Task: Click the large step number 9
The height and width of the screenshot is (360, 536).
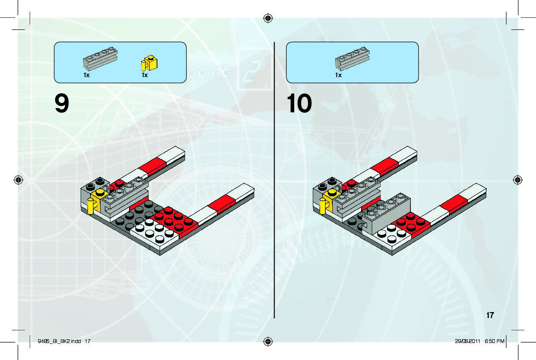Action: point(62,104)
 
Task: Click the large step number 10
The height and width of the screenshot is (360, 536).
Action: point(300,104)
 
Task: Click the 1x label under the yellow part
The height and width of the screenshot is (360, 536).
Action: point(145,75)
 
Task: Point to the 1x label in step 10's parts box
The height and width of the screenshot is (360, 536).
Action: point(338,75)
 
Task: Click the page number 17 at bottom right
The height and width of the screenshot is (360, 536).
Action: point(490,315)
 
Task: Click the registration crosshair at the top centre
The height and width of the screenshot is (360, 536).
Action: point(267,18)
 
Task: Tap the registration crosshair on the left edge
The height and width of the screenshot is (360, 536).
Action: point(18,180)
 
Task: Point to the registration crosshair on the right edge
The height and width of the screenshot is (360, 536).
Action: point(517,180)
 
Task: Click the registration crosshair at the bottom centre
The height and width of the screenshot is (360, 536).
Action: point(267,341)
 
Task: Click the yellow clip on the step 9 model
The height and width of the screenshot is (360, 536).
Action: point(90,206)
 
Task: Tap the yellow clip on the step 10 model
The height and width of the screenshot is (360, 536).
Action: point(323,207)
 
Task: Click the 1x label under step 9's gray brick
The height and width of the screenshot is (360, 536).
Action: point(87,75)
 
